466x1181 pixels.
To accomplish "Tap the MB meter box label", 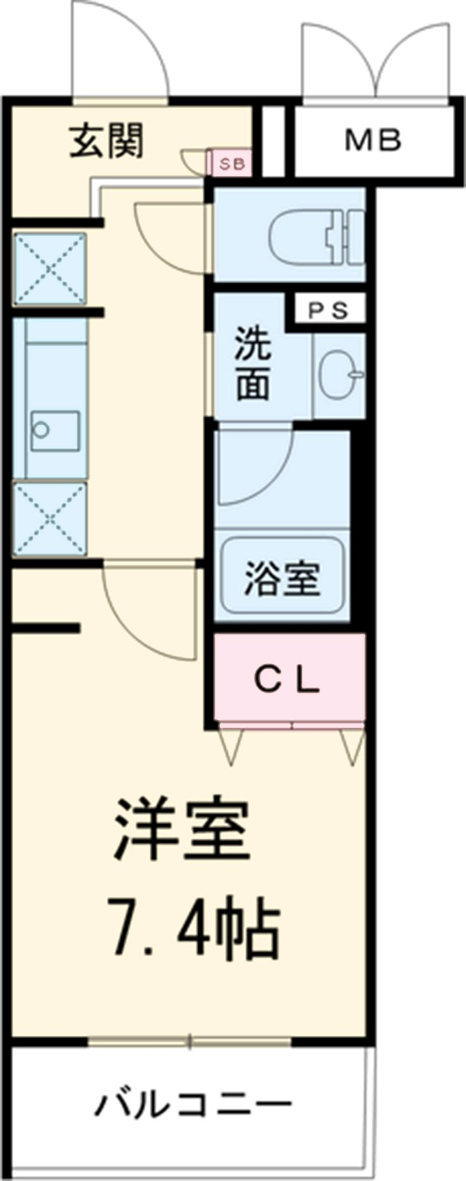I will pyautogui.click(x=372, y=140).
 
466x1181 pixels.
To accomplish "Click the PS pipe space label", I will pyautogui.click(x=328, y=310).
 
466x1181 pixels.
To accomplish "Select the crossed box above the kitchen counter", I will pyautogui.click(x=50, y=268).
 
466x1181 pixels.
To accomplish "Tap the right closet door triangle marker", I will pyautogui.click(x=351, y=746).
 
